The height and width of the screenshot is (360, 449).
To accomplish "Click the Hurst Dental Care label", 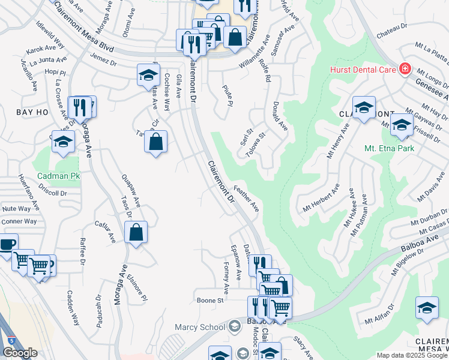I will click(x=362, y=70).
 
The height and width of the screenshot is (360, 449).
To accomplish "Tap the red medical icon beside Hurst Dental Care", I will click(x=405, y=69).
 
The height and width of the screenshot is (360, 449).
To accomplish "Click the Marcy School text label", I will click(x=199, y=327).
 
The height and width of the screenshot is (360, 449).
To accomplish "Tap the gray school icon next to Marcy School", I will click(x=235, y=326).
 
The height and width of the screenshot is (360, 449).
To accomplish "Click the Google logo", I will click(x=20, y=353).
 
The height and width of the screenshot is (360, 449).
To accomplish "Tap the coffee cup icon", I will click(x=7, y=245).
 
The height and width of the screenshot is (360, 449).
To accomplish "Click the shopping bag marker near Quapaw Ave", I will click(x=136, y=232).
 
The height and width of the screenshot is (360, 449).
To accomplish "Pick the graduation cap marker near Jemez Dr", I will click(x=147, y=75).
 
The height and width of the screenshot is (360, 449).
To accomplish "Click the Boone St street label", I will click(x=210, y=299).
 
